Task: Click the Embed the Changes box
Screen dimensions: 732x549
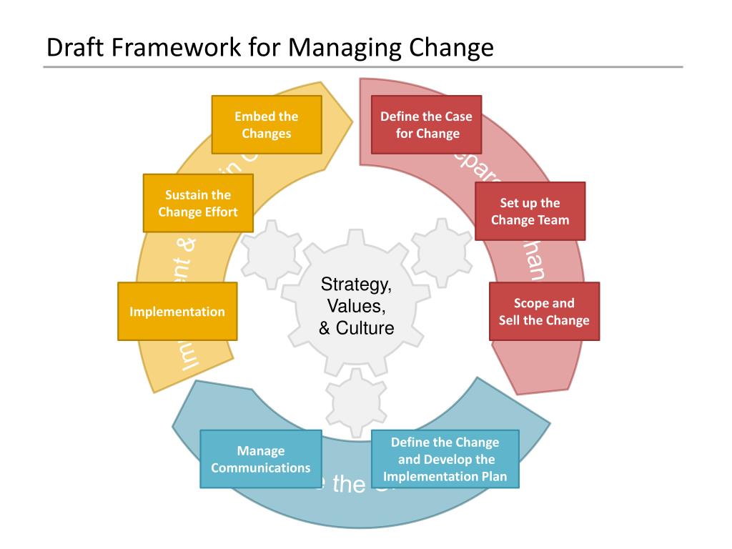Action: (267, 125)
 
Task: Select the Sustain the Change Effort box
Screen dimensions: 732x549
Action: (197, 203)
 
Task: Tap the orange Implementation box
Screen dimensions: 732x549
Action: (177, 312)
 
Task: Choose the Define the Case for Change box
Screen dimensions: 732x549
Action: (427, 125)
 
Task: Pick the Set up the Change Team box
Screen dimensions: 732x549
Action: (530, 212)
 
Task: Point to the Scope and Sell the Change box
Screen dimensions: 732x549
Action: (544, 312)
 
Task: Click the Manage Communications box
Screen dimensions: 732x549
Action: (260, 459)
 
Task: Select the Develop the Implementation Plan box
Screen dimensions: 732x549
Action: (445, 460)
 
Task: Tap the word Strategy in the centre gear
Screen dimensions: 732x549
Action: (356, 285)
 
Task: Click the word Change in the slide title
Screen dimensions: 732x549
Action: (451, 48)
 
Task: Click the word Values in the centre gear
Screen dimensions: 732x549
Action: (356, 307)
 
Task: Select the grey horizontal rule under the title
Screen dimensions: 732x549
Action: (363, 67)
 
